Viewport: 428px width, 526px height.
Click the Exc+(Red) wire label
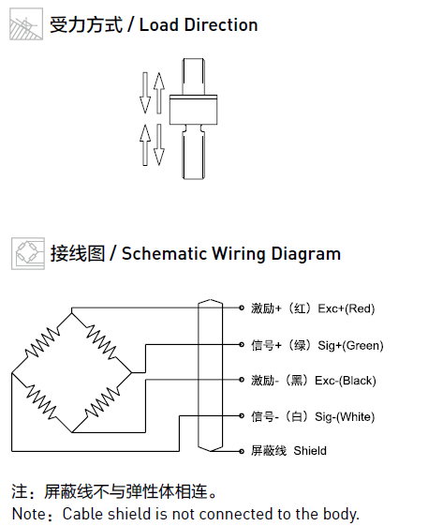pos(346,308)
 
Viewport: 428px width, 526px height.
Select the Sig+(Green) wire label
pos(350,345)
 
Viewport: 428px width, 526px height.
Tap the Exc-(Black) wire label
pos(346,381)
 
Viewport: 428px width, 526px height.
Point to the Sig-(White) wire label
pos(345,416)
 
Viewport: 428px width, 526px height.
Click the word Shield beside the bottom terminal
pos(310,450)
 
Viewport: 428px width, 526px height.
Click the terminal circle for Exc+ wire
pos(242,308)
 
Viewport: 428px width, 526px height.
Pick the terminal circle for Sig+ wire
pos(242,344)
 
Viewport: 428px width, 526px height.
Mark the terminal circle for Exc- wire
pos(242,380)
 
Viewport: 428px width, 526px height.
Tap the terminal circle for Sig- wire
pos(242,416)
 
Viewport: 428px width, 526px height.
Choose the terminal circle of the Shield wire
pos(242,451)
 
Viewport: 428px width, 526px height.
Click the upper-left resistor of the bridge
pos(42,342)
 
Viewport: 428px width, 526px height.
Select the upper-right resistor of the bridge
pos(101,342)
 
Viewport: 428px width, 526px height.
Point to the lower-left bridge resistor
pos(41,402)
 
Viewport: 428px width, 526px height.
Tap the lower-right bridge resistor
pos(102,402)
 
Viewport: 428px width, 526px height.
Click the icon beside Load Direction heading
pos(26,24)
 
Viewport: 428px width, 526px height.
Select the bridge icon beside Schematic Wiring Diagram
pos(28,253)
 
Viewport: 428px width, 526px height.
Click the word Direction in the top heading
pos(221,25)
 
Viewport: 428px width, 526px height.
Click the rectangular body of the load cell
pos(193,110)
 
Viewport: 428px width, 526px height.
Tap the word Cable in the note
pos(82,514)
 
